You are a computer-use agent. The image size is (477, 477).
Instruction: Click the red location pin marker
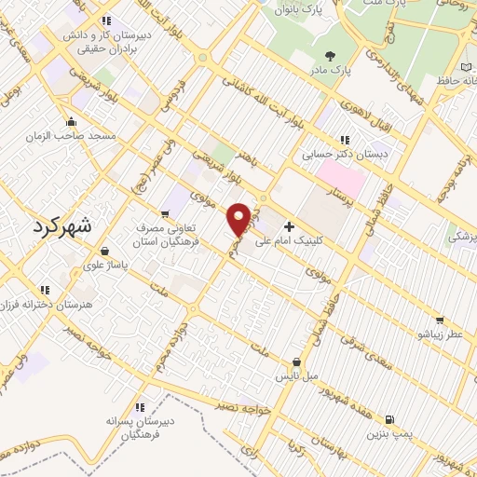(x=239, y=218)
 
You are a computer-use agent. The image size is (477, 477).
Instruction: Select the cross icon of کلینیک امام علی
(x=289, y=225)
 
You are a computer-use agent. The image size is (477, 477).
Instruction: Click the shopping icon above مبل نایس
(x=296, y=361)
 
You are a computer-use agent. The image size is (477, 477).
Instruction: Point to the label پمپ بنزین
(x=388, y=433)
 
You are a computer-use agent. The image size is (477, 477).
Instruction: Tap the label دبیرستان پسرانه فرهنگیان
(x=141, y=428)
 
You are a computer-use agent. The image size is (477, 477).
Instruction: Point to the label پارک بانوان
(x=297, y=10)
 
